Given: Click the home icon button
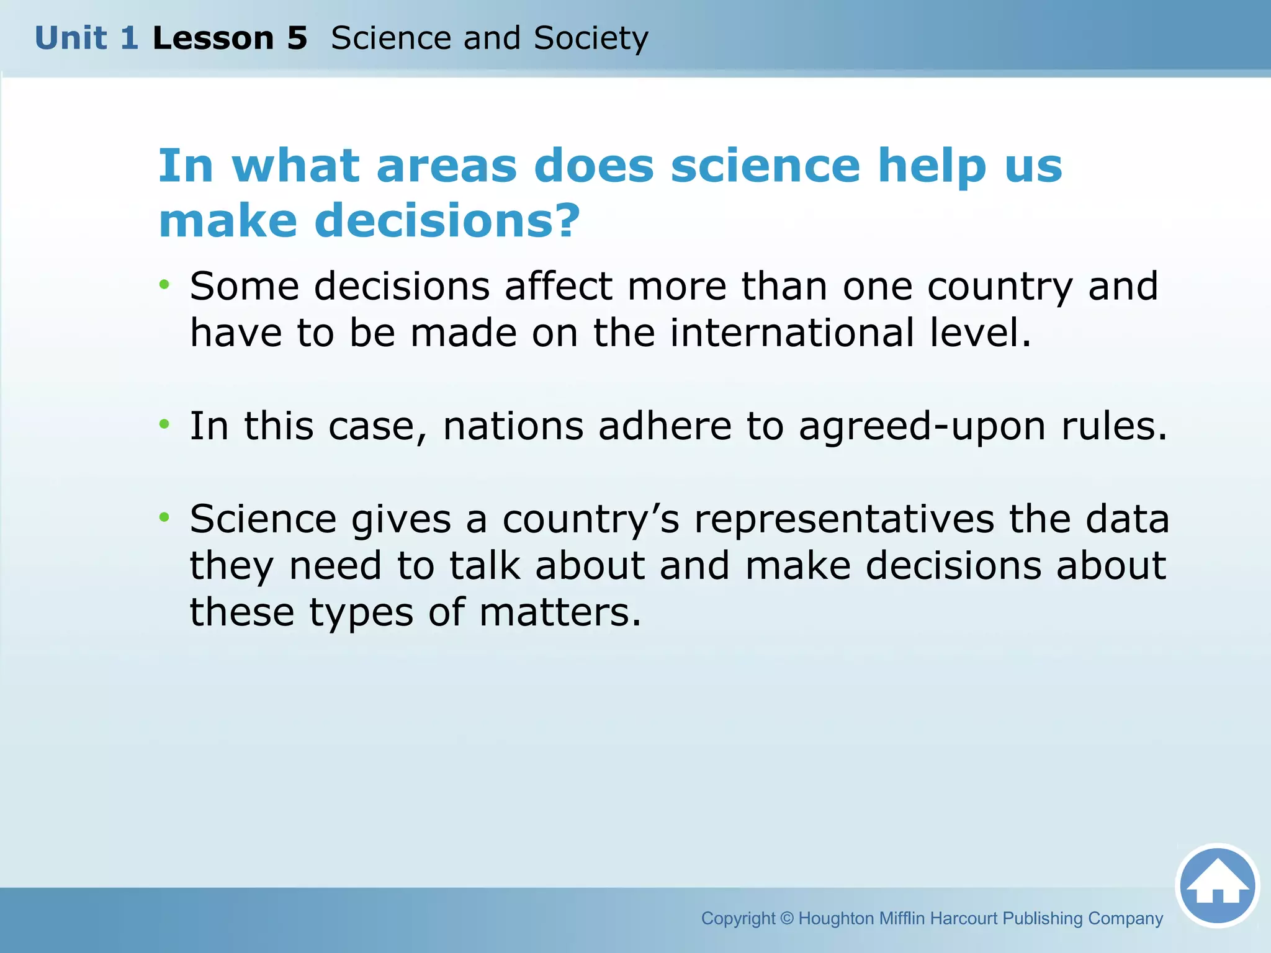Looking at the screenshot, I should tap(1217, 886).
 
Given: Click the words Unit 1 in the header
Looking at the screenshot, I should tap(86, 38).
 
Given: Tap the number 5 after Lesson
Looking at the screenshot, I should tap(297, 38).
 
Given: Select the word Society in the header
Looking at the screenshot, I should tap(591, 38).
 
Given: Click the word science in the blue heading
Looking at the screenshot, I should tap(765, 166).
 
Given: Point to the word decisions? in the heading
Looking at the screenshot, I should tap(447, 221).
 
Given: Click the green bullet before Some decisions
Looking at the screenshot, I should tap(164, 285).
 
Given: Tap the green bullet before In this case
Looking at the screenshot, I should tap(164, 424).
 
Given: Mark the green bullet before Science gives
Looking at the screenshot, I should tap(164, 517).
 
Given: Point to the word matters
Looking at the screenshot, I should tap(560, 612).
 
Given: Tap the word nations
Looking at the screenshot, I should tap(513, 426).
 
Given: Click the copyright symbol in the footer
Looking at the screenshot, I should tap(786, 918).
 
